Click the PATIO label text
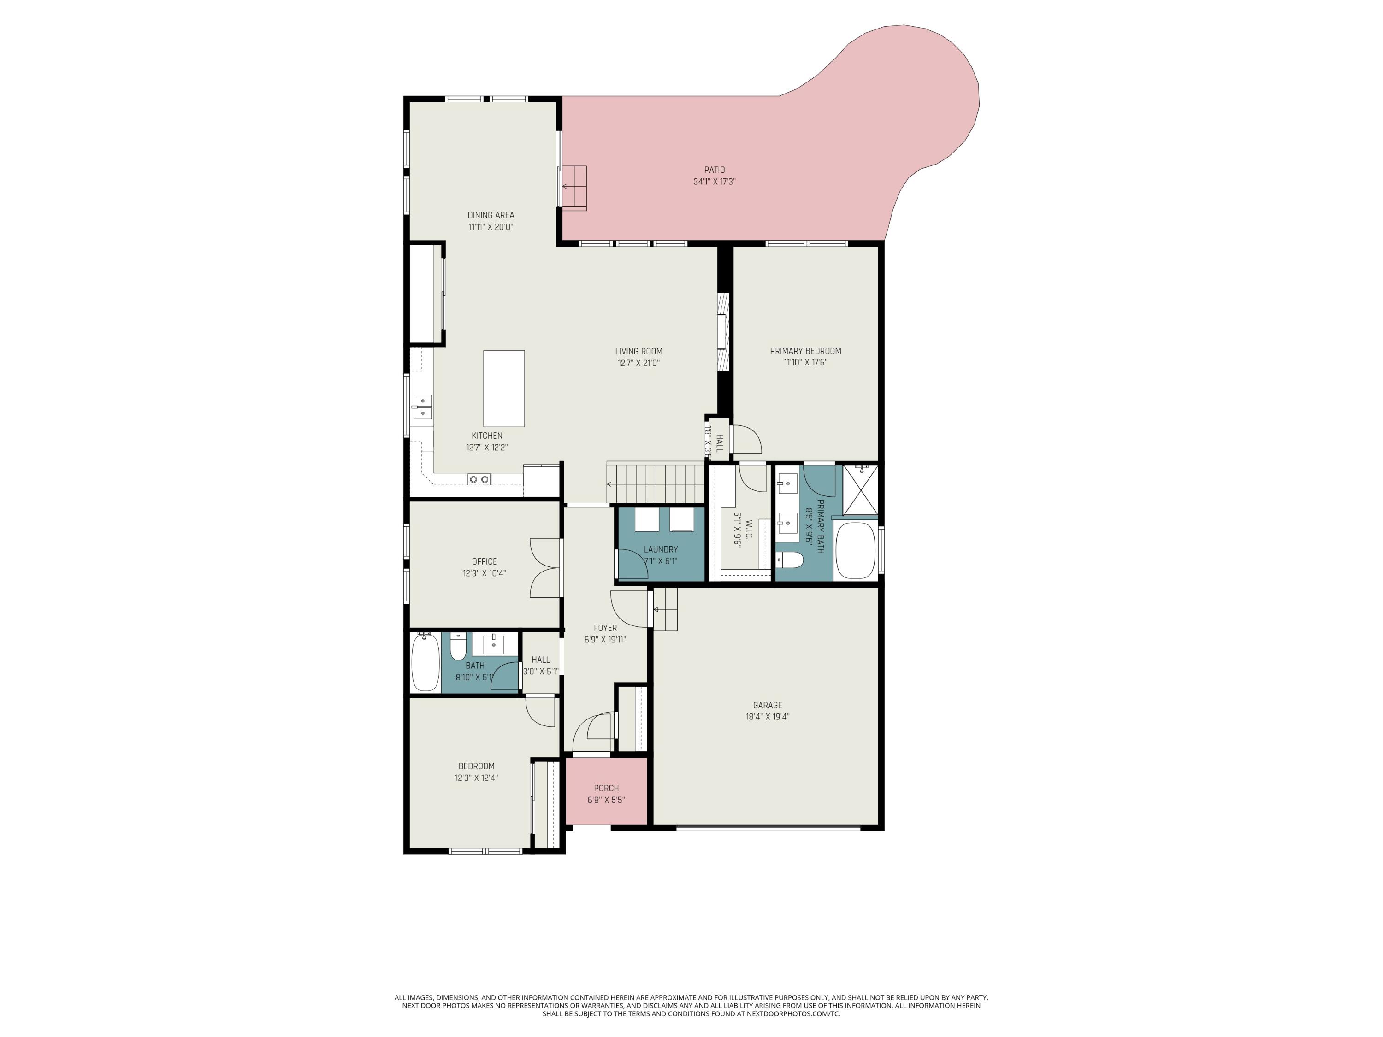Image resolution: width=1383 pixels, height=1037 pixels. [x=714, y=170]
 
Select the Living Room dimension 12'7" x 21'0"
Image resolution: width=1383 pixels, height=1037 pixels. [x=638, y=363]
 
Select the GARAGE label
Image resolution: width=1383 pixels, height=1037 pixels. [x=767, y=705]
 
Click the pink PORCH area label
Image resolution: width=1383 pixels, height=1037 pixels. [x=606, y=788]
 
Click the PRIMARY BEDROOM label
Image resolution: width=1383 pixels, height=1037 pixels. [x=805, y=351]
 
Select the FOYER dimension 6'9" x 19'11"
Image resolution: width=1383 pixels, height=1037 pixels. [x=604, y=639]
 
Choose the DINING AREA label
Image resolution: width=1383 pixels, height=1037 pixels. [x=491, y=215]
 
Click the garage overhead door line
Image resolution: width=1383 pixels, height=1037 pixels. [x=768, y=828]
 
